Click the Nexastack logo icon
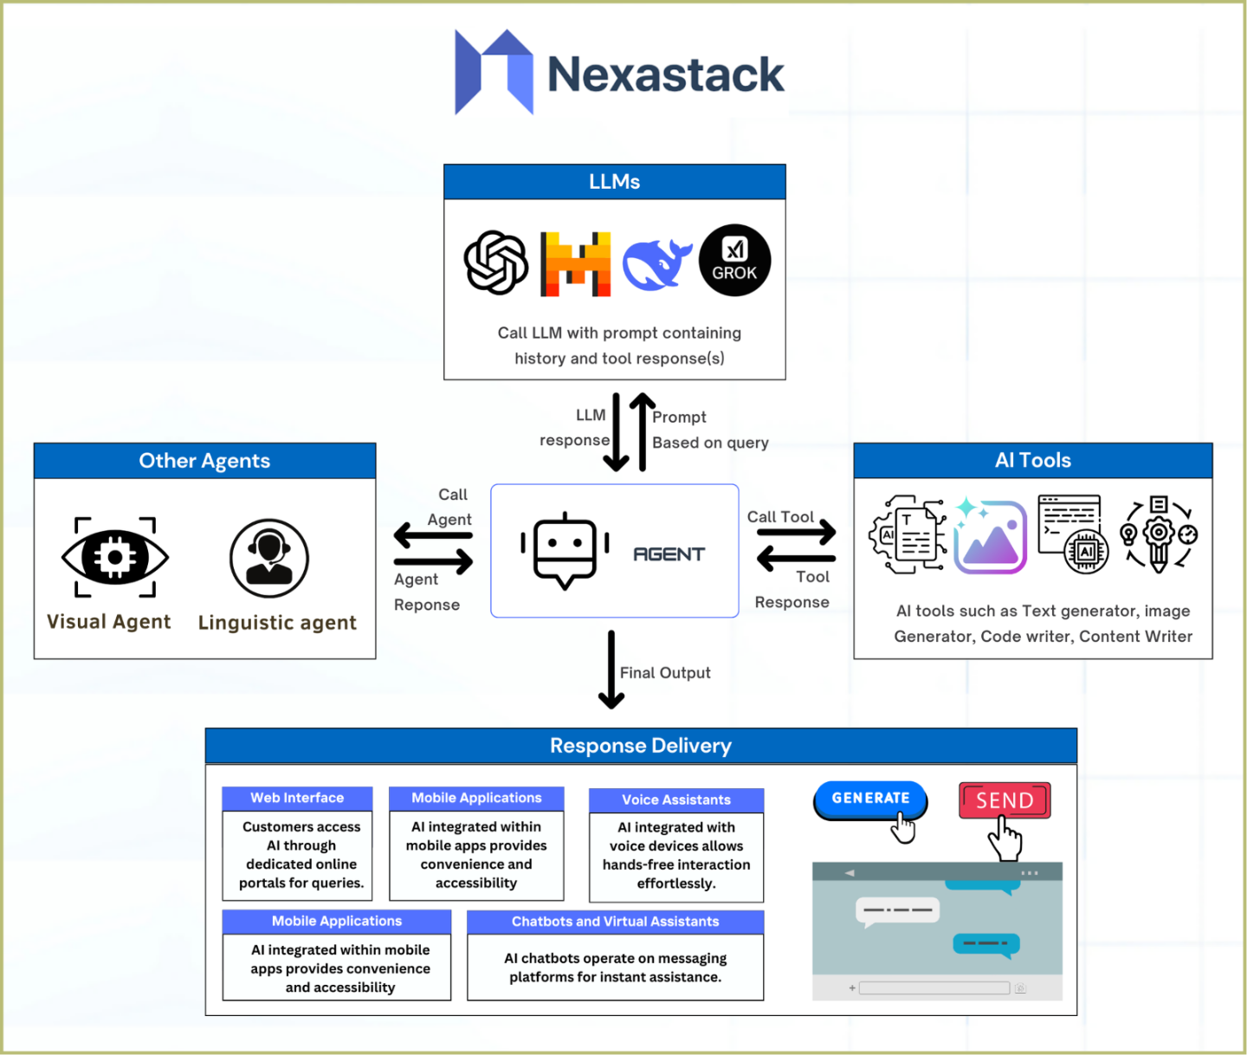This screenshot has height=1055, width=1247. tap(494, 73)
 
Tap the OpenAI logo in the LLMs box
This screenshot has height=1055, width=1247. tap(495, 262)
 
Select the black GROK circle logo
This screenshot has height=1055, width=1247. tap(734, 261)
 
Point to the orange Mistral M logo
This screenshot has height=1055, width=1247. tap(575, 264)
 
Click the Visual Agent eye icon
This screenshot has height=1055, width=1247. tap(115, 557)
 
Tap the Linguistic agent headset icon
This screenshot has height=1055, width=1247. tap(269, 558)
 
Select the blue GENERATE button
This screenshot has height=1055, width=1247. tap(870, 799)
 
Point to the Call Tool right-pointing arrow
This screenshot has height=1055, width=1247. tap(796, 531)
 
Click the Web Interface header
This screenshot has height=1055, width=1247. tap(297, 798)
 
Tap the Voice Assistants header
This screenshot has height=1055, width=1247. tap(676, 799)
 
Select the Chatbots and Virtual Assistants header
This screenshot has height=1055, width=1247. tap(615, 922)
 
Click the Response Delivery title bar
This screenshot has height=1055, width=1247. tap(641, 746)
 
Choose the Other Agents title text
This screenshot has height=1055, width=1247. tap(204, 461)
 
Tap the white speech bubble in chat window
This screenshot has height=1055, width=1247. tap(897, 910)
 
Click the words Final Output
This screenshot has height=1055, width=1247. tap(665, 673)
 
